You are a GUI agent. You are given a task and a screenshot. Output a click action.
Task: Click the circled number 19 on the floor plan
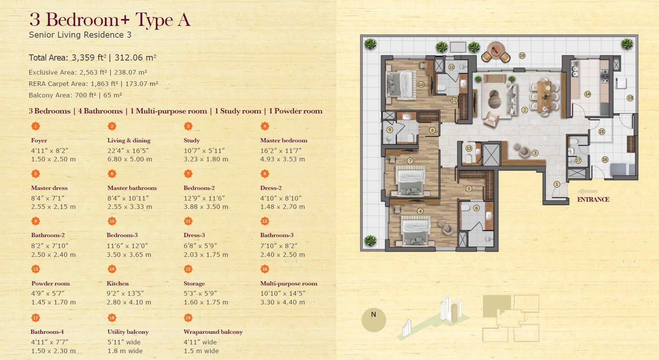click(522, 56)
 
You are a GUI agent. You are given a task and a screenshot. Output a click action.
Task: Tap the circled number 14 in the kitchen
click(587, 94)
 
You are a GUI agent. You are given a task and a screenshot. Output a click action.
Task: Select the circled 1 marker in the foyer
click(557, 184)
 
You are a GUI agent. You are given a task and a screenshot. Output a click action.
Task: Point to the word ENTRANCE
click(593, 199)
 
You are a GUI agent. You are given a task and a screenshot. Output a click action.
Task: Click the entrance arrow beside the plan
click(587, 191)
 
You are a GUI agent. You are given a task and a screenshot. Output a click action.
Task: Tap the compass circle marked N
click(374, 320)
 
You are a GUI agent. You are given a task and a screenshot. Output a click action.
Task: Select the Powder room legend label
click(51, 284)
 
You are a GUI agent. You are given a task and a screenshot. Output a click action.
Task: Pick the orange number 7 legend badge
click(188, 174)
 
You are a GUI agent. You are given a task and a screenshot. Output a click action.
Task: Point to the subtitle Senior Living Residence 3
click(80, 35)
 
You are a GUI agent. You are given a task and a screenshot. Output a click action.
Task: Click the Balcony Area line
click(75, 95)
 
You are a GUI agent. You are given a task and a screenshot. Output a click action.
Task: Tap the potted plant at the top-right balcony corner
click(627, 44)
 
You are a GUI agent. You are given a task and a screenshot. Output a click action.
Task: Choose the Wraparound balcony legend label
click(213, 332)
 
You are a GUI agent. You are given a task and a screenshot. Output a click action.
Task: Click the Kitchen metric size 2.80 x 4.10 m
click(129, 302)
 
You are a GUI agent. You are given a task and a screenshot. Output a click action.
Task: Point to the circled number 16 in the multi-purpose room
click(605, 159)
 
